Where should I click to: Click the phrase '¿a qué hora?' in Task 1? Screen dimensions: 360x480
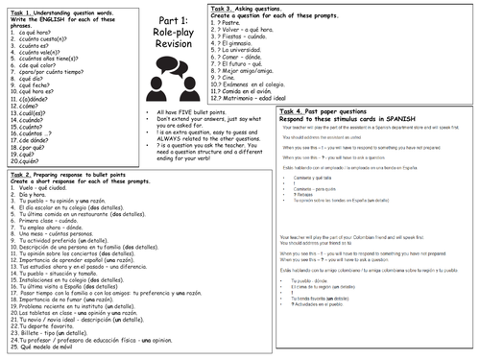tap(39, 32)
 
